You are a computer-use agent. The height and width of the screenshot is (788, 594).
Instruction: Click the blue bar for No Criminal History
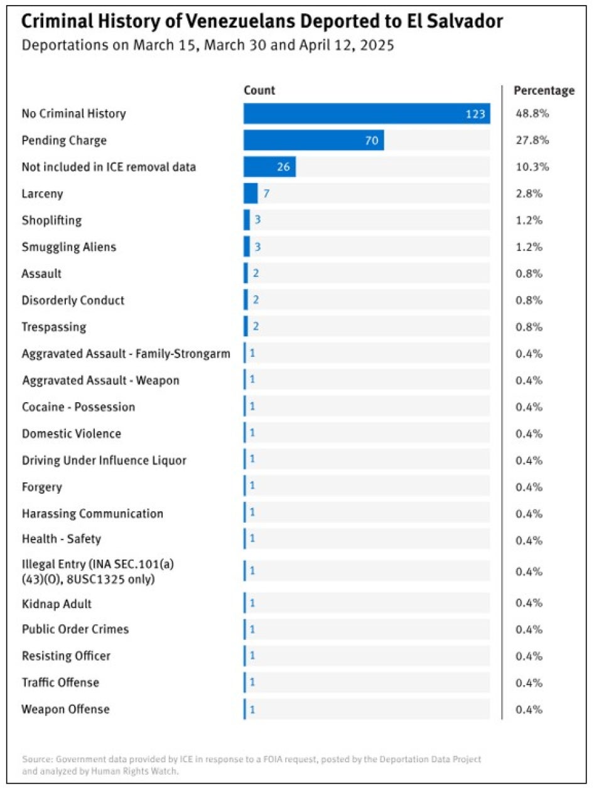pyautogui.click(x=367, y=114)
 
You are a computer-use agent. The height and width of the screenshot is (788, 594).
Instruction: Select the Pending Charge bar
pyautogui.click(x=313, y=141)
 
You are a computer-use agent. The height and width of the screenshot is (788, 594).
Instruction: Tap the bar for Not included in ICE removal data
pyautogui.click(x=269, y=167)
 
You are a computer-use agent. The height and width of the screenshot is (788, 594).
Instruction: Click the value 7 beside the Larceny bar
pyautogui.click(x=266, y=194)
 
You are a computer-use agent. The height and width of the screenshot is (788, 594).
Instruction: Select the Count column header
pyautogui.click(x=259, y=90)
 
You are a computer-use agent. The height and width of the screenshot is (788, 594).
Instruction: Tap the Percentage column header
pyautogui.click(x=544, y=90)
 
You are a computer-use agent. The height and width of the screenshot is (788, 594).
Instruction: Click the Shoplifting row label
pyautogui.click(x=51, y=220)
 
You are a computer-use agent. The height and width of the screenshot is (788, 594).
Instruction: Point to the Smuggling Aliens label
pyautogui.click(x=69, y=247)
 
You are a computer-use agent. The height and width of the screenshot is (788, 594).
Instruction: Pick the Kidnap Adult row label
pyautogui.click(x=57, y=604)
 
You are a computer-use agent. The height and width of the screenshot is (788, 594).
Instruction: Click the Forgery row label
pyautogui.click(x=42, y=487)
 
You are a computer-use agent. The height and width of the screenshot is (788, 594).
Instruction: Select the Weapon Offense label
pyautogui.click(x=65, y=710)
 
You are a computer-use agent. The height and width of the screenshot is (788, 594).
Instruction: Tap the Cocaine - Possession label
pyautogui.click(x=78, y=407)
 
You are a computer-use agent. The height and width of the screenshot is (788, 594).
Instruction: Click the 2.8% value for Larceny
pyautogui.click(x=529, y=194)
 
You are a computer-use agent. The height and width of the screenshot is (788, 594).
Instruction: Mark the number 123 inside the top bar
pyautogui.click(x=475, y=114)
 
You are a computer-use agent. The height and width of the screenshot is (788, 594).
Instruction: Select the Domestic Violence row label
pyautogui.click(x=72, y=434)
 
